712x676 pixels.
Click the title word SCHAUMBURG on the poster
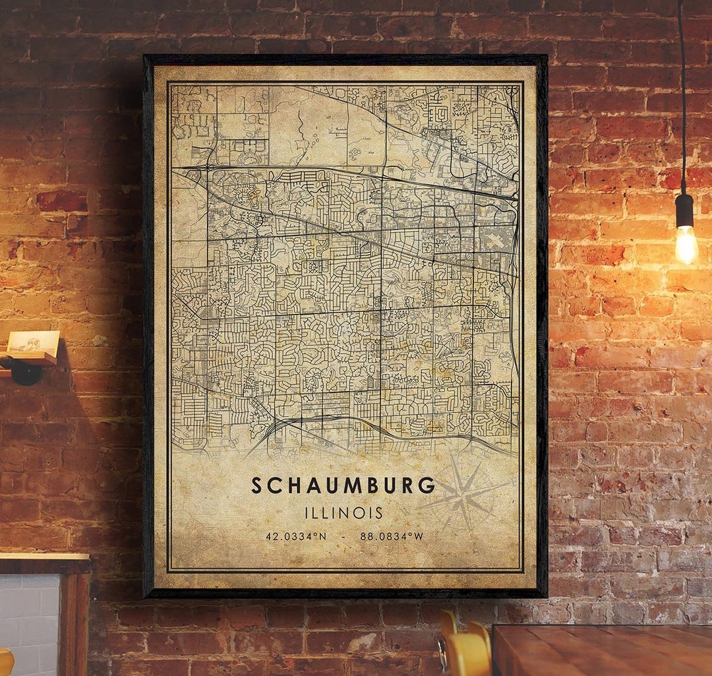(343, 485)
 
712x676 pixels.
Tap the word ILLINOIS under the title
(343, 512)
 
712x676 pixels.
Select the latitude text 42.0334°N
(296, 536)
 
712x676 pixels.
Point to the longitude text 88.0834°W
(392, 536)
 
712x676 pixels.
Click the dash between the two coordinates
(343, 536)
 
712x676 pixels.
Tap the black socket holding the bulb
(684, 210)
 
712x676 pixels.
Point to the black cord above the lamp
(682, 99)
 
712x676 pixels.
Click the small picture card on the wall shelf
(33, 342)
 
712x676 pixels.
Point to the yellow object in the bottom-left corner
(5, 663)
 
